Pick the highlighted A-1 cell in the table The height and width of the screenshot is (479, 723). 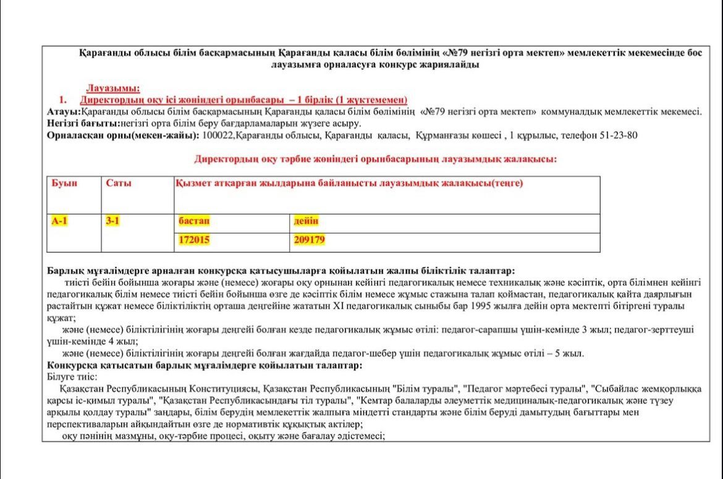[60, 221]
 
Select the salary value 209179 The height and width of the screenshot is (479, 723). [310, 240]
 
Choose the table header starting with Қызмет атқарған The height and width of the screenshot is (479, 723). [349, 184]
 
